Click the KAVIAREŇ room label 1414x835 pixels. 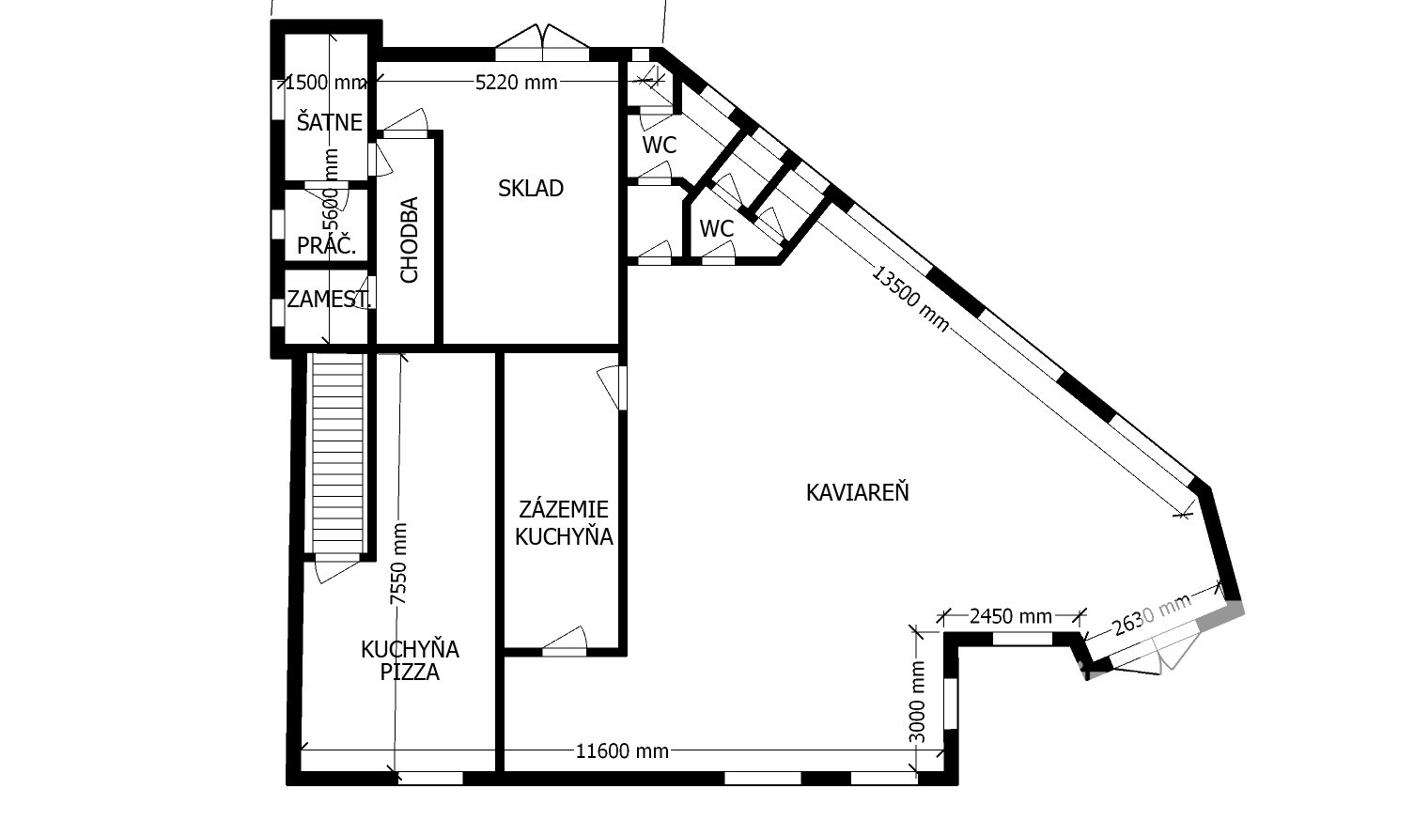(857, 492)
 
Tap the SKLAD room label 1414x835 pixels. (530, 188)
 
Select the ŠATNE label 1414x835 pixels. (330, 122)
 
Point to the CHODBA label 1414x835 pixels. (409, 240)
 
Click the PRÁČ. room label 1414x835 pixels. (326, 245)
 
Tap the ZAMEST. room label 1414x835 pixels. (329, 299)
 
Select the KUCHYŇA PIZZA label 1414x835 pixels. (410, 660)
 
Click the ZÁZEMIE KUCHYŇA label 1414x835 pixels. (564, 522)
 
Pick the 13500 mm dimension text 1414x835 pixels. (910, 299)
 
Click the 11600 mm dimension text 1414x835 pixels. (622, 751)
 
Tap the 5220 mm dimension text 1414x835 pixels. (517, 82)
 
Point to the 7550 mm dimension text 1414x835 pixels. (398, 564)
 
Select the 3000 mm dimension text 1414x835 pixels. (917, 702)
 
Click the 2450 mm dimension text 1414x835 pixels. (1011, 616)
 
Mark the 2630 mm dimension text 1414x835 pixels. (1151, 614)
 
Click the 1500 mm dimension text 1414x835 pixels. (326, 82)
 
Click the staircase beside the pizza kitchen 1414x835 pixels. (337, 453)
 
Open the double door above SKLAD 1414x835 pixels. (542, 43)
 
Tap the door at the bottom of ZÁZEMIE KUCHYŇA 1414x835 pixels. (565, 642)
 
